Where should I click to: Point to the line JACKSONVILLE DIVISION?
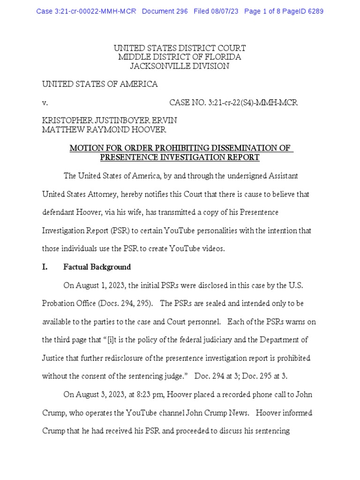click(x=180, y=66)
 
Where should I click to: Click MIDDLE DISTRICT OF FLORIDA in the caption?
click(x=180, y=57)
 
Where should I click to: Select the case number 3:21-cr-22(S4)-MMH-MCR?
click(x=233, y=102)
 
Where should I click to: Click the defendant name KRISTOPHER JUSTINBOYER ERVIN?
click(x=110, y=121)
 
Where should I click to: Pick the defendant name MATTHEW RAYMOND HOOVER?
click(x=104, y=130)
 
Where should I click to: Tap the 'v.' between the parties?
click(x=45, y=102)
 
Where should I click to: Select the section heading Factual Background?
click(x=97, y=267)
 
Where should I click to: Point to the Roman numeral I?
click(x=45, y=267)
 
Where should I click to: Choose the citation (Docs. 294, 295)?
click(x=124, y=304)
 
